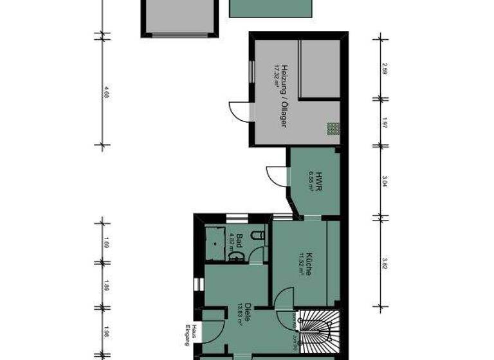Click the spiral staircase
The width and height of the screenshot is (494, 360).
pos(318,328)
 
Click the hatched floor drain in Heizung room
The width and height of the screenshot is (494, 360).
pos(332,128)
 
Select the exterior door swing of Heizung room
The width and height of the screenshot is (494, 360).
pos(240,110)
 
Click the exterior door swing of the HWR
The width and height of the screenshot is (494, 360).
pos(277,175)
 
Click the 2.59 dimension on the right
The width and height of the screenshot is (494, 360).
pos(384,69)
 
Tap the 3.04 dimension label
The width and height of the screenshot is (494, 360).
pos(384,180)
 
